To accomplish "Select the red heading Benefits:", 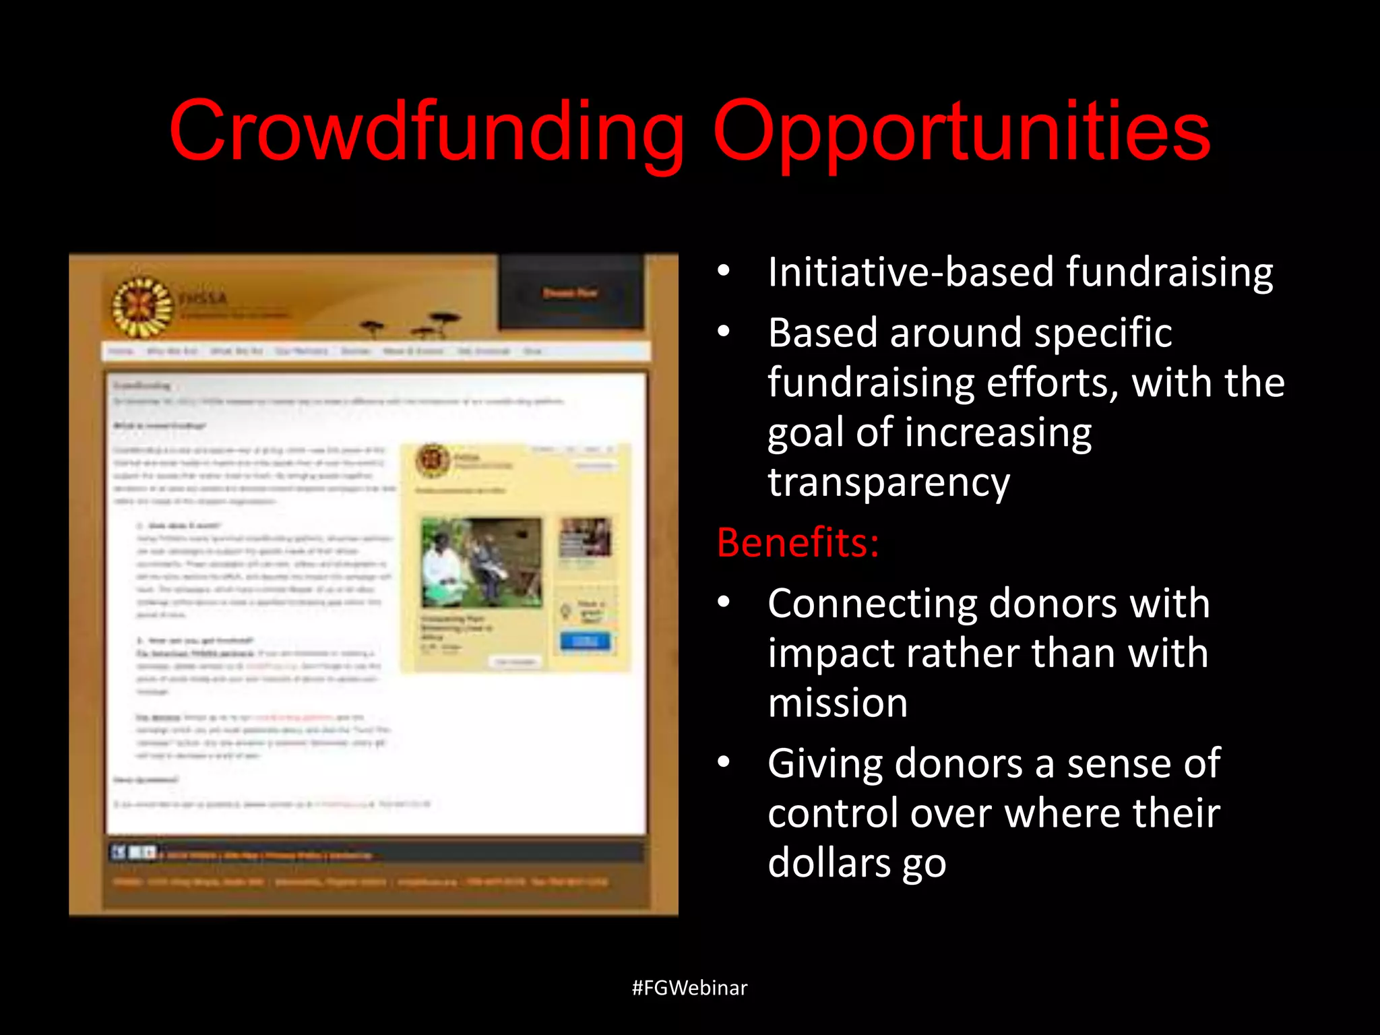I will point(798,542).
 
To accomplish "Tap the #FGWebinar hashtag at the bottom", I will point(689,988).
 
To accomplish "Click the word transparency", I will point(889,482).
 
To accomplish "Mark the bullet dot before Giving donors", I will point(724,762).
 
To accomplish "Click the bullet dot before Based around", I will point(724,332).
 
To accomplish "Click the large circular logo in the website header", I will point(142,307).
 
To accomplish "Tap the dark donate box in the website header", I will point(571,292).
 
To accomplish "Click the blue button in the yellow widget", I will point(585,641).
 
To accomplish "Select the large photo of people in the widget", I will point(481,563).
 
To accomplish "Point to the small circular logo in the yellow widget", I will point(433,461).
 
